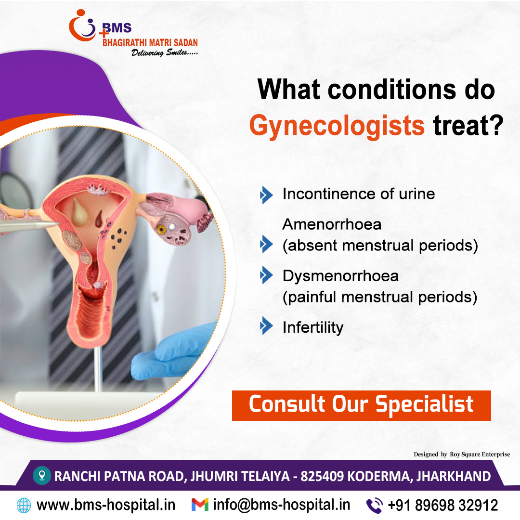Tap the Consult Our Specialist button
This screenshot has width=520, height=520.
click(361, 405)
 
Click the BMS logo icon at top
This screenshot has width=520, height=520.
click(83, 26)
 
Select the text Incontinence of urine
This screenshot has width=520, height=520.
click(359, 194)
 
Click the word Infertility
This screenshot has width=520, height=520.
click(313, 327)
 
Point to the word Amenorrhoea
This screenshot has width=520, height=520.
click(332, 224)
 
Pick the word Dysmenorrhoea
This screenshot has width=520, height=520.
click(340, 276)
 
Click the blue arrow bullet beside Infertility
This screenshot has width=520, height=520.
click(266, 325)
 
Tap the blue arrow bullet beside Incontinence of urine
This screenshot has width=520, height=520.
click(266, 195)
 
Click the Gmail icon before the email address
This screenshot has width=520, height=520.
click(200, 505)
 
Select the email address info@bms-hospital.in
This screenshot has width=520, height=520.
click(282, 505)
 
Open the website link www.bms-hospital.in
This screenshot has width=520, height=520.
click(106, 505)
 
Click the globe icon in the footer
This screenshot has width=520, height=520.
click(24, 506)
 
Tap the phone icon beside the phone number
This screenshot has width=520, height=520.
click(375, 506)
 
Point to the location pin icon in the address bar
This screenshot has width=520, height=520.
click(42, 475)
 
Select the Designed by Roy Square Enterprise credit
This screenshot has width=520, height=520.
click(462, 455)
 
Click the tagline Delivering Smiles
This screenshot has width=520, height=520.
click(165, 53)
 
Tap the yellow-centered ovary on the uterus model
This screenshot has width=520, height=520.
click(173, 230)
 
